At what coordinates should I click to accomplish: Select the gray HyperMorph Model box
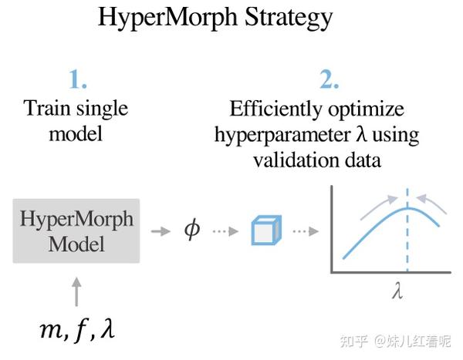76,230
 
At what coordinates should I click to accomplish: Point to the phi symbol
191,230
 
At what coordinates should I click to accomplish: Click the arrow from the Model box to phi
160,231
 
